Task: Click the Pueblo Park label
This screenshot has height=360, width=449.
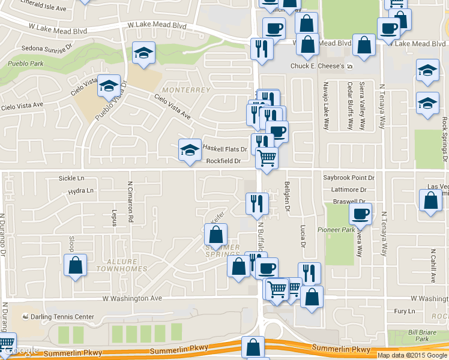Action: tap(25, 63)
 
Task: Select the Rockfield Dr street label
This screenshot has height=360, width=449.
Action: tap(223, 161)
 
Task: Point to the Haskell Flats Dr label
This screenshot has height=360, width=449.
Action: tap(224, 148)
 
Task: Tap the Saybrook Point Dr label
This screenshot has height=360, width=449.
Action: tap(349, 178)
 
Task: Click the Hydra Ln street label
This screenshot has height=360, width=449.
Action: tap(81, 191)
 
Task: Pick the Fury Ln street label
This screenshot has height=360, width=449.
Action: tap(404, 311)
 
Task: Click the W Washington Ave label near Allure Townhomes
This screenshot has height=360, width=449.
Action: tap(132, 298)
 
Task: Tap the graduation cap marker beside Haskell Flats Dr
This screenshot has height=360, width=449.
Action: tap(190, 150)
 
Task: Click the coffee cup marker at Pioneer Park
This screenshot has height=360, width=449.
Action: tap(360, 214)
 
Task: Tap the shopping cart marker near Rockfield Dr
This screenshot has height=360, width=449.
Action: tap(267, 158)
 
